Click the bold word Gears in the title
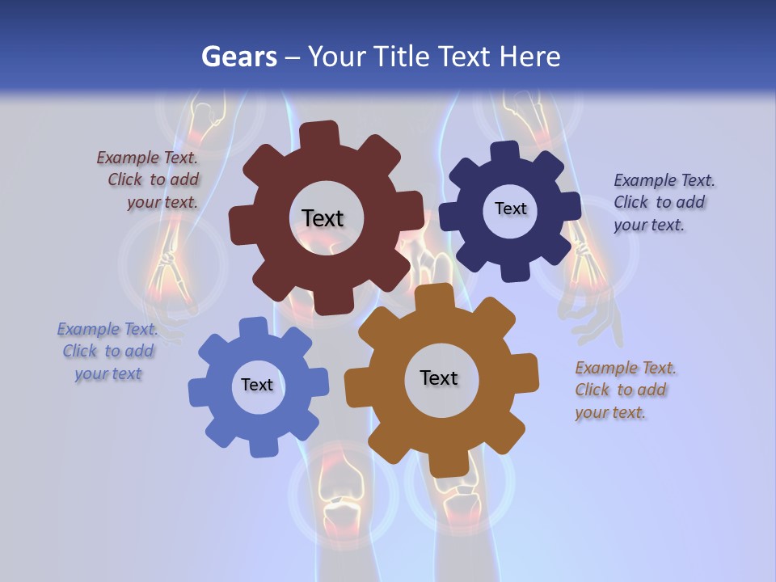click(x=239, y=57)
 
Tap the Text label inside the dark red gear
click(x=323, y=218)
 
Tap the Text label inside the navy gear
click(x=510, y=209)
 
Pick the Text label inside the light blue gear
click(x=257, y=385)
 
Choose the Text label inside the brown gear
click(x=439, y=377)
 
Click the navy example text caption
click(x=663, y=202)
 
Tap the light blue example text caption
click(x=108, y=351)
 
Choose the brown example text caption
click(x=624, y=390)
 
